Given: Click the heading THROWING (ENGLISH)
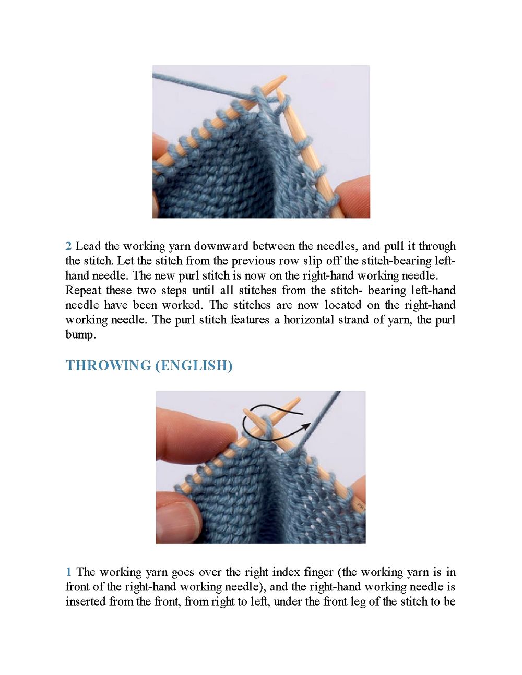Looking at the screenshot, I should (x=149, y=365).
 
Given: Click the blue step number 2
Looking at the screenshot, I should (x=68, y=246).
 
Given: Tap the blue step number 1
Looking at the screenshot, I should (x=68, y=572).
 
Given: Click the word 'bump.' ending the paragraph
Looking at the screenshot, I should (x=80, y=335).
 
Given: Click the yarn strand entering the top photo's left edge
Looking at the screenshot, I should (x=172, y=78).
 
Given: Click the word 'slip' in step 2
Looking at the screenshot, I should (x=312, y=261).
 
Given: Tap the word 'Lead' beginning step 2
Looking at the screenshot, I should (x=88, y=246).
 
